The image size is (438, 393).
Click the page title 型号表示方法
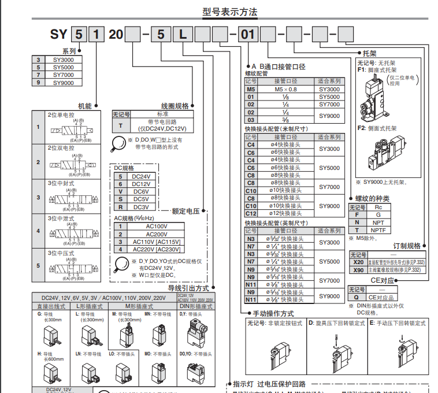(x=229, y=12)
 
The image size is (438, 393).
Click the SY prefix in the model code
(x=60, y=35)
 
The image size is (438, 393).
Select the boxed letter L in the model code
(x=183, y=35)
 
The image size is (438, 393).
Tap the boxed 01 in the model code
(x=247, y=35)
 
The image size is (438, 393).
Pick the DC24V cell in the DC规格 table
(x=141, y=176)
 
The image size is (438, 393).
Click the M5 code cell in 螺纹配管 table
(x=251, y=90)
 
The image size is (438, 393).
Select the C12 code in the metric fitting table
(x=251, y=213)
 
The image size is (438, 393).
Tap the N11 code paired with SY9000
(x=251, y=299)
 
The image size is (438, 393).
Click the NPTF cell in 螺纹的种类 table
(x=378, y=230)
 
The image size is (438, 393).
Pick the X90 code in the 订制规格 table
(x=358, y=270)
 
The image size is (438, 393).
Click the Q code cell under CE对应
(x=356, y=297)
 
